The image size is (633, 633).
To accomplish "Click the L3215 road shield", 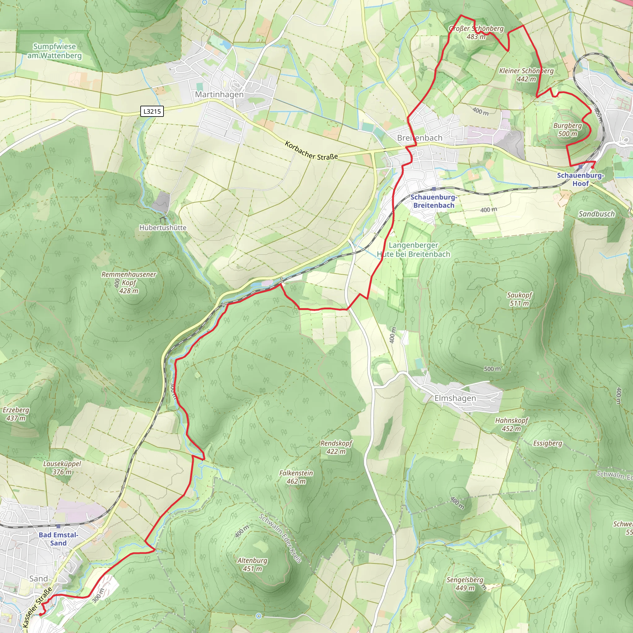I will click(x=152, y=111).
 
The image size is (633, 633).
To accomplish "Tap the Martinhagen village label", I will click(x=219, y=94).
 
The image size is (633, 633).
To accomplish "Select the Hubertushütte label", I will click(x=163, y=227).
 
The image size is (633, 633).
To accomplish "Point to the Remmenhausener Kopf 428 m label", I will click(x=129, y=283).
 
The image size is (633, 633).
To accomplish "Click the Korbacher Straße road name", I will click(x=311, y=151).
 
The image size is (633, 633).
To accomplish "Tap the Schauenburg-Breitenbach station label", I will click(x=433, y=201).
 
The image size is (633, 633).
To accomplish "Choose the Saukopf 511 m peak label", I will click(x=519, y=299).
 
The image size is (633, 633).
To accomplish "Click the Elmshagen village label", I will click(x=455, y=398).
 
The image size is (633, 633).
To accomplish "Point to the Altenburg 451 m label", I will click(x=252, y=564).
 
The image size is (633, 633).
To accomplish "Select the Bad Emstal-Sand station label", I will click(x=58, y=539).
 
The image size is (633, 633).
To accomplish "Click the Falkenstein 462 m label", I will click(x=296, y=477).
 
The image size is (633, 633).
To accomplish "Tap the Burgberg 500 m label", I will click(x=567, y=130).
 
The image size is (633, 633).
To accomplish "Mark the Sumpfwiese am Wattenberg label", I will click(x=54, y=51).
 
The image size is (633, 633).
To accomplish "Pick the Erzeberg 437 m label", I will click(x=16, y=414).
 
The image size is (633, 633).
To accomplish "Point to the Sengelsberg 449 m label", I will click(x=465, y=584).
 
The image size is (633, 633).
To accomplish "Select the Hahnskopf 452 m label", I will click(x=512, y=424).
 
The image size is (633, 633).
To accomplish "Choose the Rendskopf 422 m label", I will click(x=336, y=447).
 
